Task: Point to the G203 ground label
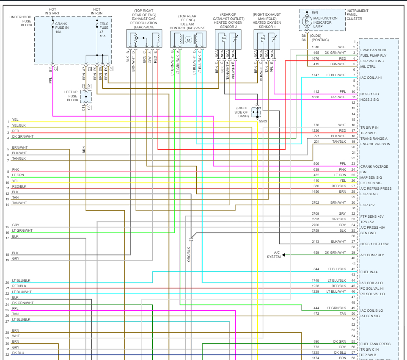263,121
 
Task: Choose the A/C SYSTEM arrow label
274,255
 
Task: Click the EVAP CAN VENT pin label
373,50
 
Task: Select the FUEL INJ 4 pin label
370,272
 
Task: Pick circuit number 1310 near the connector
316,47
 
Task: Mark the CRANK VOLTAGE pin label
374,166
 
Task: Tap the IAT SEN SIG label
370,316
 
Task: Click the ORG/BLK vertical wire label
189,253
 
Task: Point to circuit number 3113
316,241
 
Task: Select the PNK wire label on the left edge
15,170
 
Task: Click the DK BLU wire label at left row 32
18,352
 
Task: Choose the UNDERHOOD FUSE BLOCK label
21,21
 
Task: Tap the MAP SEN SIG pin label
371,177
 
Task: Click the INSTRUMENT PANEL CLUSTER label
357,15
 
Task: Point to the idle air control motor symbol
188,40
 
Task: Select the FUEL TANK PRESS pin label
375,344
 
